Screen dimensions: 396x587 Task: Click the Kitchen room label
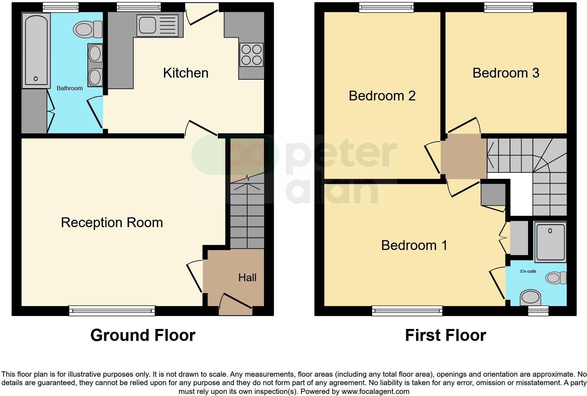[x=186, y=73]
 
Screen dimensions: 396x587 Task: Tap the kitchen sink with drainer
[x=160, y=25]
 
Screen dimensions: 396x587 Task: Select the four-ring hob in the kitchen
[x=251, y=54]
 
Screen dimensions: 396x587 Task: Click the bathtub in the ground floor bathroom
[x=36, y=51]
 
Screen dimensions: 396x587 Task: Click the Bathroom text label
[x=70, y=88]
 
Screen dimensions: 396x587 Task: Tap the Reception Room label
[x=112, y=223]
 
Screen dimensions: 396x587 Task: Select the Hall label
[x=247, y=278]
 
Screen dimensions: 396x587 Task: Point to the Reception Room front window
[x=112, y=310]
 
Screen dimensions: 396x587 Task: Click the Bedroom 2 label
[x=382, y=96]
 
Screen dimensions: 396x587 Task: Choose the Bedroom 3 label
[x=506, y=73]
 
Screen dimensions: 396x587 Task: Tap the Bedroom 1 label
[x=414, y=245]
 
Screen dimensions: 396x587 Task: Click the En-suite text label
[x=528, y=271]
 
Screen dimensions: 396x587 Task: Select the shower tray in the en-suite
[x=550, y=242]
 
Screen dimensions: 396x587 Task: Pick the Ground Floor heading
[x=143, y=335]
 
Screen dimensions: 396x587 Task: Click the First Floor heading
[x=445, y=335]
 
